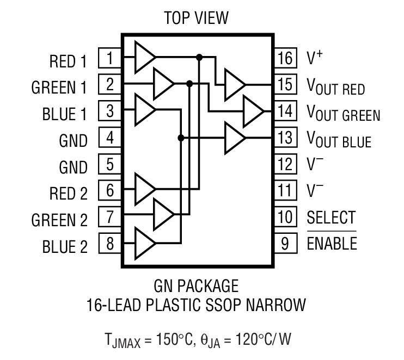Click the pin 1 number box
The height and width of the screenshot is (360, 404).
110,57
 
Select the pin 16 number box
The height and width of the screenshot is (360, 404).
284,57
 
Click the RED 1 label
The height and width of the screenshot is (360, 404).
68,61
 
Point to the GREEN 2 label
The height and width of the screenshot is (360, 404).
59,220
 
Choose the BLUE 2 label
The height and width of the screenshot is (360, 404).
64,247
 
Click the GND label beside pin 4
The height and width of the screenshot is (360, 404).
73,141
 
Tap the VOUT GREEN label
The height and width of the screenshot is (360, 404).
343,114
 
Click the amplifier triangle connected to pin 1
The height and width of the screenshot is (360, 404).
144,56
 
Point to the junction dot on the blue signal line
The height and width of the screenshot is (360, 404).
181,138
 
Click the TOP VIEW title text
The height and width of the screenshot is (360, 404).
196,18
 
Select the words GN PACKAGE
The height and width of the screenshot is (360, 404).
196,285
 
